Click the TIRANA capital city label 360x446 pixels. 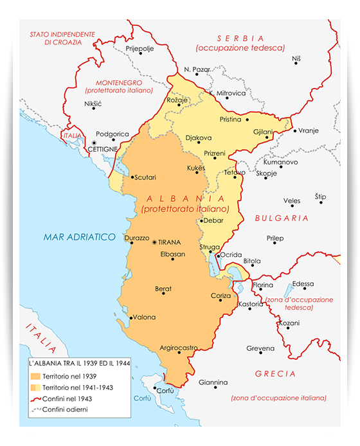[170, 242]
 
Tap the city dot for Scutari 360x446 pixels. [132, 177]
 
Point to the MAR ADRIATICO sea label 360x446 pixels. [79, 237]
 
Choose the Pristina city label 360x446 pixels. [230, 120]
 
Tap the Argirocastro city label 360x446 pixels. [178, 347]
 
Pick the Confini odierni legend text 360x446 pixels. [66, 409]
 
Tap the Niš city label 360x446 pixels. [296, 58]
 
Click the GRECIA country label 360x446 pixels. [275, 373]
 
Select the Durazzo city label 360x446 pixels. [137, 237]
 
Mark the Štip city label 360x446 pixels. [320, 196]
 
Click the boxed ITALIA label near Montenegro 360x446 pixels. [71, 136]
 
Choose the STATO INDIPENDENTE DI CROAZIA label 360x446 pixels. [61, 38]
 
